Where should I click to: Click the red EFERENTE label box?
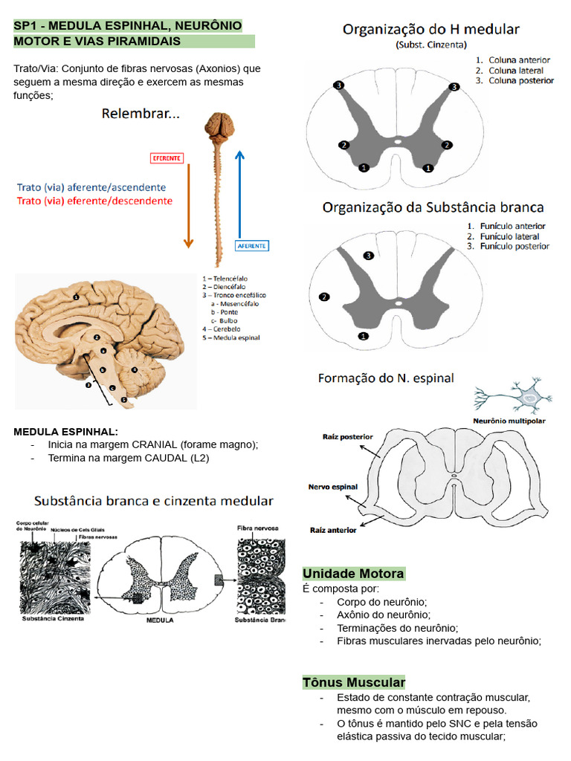point(167,158)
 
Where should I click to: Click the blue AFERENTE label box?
point(251,245)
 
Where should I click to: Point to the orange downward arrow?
point(188,204)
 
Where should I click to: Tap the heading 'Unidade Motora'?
point(353,574)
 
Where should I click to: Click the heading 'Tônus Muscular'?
point(354,682)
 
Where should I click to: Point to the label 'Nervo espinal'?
point(333,488)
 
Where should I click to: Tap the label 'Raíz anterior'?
point(333,530)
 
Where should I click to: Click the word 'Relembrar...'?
point(141,114)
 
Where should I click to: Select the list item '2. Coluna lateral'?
point(514,70)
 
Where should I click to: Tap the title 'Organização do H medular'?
point(431,30)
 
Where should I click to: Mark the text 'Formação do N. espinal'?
point(386,378)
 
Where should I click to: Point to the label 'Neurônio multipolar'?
point(509,421)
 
